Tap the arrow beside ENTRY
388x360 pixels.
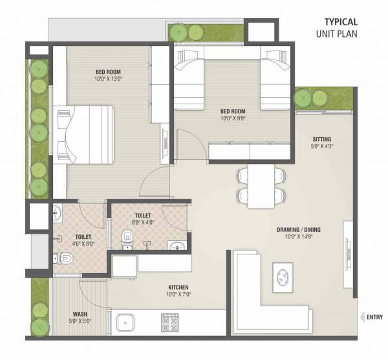pyautogui.click(x=361, y=317)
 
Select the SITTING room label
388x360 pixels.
pyautogui.click(x=322, y=139)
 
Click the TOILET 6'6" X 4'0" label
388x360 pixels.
pyautogui.click(x=143, y=218)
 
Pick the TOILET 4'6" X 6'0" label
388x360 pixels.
pyautogui.click(x=83, y=241)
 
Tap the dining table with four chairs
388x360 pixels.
pyautogui.click(x=261, y=185)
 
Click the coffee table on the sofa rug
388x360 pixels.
pyautogui.click(x=283, y=276)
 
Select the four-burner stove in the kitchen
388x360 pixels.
pyautogui.click(x=169, y=322)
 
